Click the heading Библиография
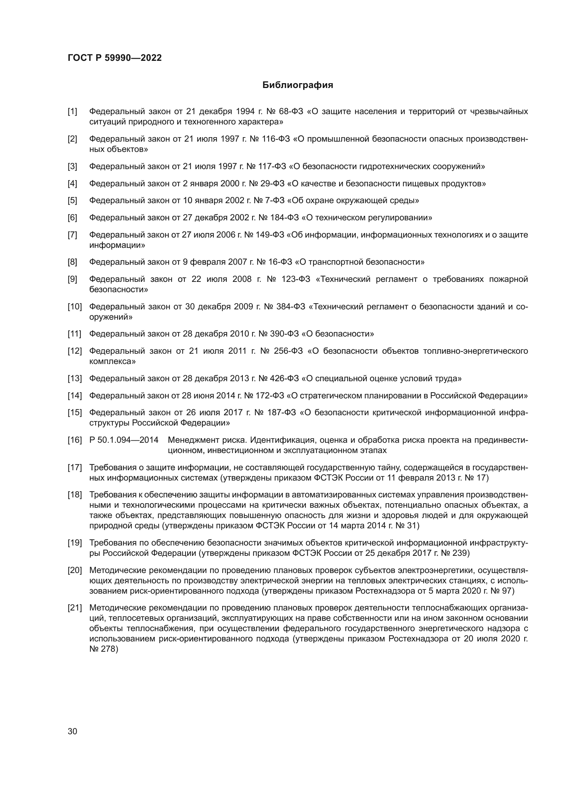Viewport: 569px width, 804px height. pyautogui.click(x=298, y=85)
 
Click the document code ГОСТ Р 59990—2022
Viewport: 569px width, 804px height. pyautogui.click(x=115, y=58)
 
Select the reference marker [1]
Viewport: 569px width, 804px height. pyautogui.click(x=72, y=112)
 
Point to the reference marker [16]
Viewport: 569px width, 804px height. pyautogui.click(x=74, y=440)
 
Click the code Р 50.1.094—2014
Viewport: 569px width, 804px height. pyautogui.click(x=124, y=440)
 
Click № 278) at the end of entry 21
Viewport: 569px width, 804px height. pyautogui.click(x=104, y=649)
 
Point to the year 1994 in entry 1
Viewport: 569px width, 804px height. pyautogui.click(x=245, y=112)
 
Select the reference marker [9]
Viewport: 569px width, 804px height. pyautogui.click(x=72, y=279)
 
